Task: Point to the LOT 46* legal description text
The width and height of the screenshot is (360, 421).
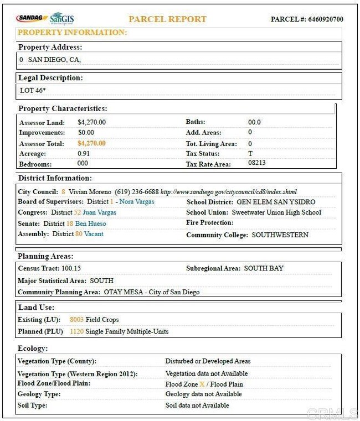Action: pyautogui.click(x=32, y=90)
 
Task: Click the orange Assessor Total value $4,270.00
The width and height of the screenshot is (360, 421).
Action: pyautogui.click(x=91, y=143)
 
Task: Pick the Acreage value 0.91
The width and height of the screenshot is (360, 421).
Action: pyautogui.click(x=84, y=154)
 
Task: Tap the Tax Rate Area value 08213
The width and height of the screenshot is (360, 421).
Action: pyautogui.click(x=257, y=164)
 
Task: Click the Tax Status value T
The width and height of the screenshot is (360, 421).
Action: pyautogui.click(x=250, y=154)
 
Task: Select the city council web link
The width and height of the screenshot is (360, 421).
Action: pyautogui.click(x=229, y=191)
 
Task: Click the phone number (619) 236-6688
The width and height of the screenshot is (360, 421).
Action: pyautogui.click(x=136, y=191)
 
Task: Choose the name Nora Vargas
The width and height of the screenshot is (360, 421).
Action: pyautogui.click(x=137, y=202)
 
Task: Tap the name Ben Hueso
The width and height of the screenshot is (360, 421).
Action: pyautogui.click(x=90, y=224)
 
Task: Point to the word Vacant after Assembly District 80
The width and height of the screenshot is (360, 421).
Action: pyautogui.click(x=94, y=234)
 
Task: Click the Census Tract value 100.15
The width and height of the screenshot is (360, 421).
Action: pyautogui.click(x=71, y=268)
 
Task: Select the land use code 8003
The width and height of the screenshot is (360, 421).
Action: pyautogui.click(x=76, y=320)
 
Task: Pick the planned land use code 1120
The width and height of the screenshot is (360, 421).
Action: pyautogui.click(x=76, y=331)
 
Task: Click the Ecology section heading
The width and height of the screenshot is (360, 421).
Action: pyautogui.click(x=33, y=349)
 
